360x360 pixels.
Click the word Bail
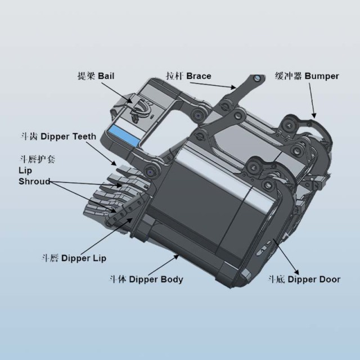pyautogui.click(x=106, y=76)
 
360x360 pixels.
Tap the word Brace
pyautogui.click(x=199, y=76)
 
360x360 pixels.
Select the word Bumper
pyautogui.click(x=322, y=76)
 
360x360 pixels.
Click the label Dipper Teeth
pyautogui.click(x=68, y=136)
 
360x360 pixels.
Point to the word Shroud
pyautogui.click(x=34, y=181)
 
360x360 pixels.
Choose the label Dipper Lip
pyautogui.click(x=84, y=258)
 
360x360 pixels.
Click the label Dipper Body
pyautogui.click(x=156, y=280)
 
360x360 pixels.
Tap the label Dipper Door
pyautogui.click(x=314, y=280)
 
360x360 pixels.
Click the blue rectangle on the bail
pyautogui.click(x=124, y=136)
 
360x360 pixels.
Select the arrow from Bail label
pyautogui.click(x=117, y=93)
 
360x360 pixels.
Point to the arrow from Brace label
pyautogui.click(x=213, y=85)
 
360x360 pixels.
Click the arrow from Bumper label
pyautogui.click(x=313, y=100)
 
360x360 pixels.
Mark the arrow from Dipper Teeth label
pyautogui.click(x=101, y=154)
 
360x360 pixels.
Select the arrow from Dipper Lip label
pyautogui.click(x=106, y=236)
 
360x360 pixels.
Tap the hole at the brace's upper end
pyautogui.click(x=258, y=78)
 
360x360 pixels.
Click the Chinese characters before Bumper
pyautogui.click(x=289, y=76)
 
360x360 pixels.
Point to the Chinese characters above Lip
pyautogui.click(x=37, y=159)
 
